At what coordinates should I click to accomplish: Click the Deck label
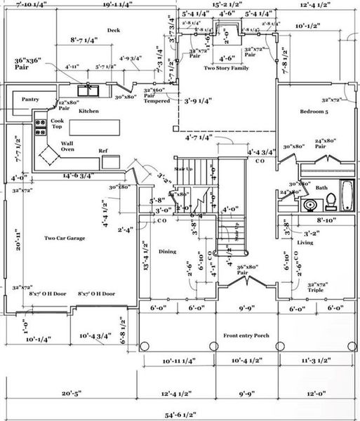click(114, 29)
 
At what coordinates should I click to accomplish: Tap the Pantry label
click(29, 100)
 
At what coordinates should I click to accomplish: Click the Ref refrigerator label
click(102, 151)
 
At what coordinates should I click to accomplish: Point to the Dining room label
click(167, 251)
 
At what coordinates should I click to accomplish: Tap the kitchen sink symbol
click(88, 89)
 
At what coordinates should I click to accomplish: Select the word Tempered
click(157, 100)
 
